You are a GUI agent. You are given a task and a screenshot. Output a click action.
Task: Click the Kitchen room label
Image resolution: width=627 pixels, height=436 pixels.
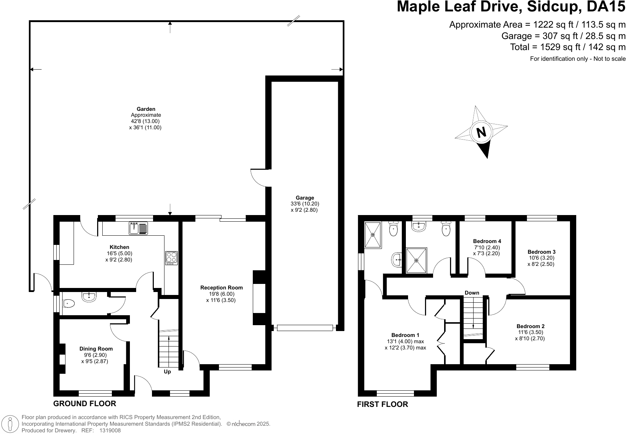[119, 247]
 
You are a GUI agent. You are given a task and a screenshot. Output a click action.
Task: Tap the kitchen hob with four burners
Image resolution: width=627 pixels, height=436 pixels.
[171, 258]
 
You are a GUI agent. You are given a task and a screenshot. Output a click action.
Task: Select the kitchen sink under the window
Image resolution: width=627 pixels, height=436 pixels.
[138, 228]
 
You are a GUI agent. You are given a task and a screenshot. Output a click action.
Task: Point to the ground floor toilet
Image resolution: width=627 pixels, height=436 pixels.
[68, 303]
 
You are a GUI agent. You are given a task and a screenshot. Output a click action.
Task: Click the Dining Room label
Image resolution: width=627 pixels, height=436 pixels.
[96, 349]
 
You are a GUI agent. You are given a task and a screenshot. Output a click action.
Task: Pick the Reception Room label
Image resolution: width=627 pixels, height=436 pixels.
[222, 288]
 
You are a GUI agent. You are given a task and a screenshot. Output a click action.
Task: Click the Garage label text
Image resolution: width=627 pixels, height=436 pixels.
[305, 198]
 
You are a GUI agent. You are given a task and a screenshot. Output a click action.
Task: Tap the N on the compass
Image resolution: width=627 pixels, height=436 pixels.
[481, 132]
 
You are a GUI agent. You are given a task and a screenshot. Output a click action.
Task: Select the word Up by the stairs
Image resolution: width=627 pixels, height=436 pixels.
[167, 372]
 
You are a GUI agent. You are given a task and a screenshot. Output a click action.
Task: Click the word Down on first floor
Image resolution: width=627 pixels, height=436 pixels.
[472, 293]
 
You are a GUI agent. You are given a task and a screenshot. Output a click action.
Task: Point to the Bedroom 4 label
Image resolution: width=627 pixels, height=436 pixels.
[487, 241]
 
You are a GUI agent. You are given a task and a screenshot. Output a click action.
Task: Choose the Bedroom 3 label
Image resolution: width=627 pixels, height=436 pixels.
[541, 252]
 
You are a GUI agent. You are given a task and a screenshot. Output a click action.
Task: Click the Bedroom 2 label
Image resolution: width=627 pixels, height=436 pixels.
[531, 326]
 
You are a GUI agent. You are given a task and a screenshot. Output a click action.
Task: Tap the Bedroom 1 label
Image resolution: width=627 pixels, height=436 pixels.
[405, 335]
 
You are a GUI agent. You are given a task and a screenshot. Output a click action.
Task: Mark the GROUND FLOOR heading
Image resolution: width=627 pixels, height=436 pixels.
[85, 404]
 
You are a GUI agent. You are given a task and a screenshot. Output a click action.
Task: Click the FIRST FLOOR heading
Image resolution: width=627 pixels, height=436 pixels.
[382, 404]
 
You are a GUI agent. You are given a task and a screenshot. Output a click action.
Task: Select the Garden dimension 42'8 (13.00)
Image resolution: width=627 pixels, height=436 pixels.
[145, 121]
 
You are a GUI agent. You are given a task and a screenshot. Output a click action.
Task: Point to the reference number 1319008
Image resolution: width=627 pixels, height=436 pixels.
[110, 430]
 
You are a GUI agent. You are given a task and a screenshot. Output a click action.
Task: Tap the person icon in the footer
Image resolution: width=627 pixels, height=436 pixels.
[10, 424]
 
